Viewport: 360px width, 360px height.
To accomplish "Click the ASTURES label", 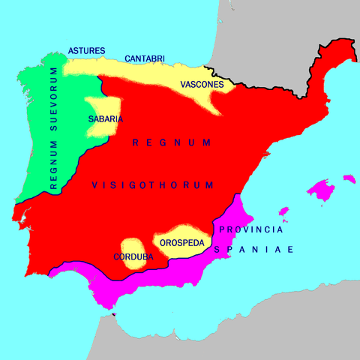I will [x=87, y=51].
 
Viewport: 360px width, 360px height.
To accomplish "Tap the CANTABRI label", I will [x=145, y=58].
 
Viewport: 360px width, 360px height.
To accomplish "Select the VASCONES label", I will [x=202, y=85].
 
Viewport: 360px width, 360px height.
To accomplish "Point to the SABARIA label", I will [x=105, y=118].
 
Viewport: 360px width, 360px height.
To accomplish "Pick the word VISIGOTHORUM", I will [x=153, y=185].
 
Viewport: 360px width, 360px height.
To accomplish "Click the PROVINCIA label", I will [x=250, y=229].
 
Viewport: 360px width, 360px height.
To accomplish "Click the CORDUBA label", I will [x=133, y=256].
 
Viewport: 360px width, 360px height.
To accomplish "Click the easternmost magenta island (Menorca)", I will [x=349, y=178].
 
